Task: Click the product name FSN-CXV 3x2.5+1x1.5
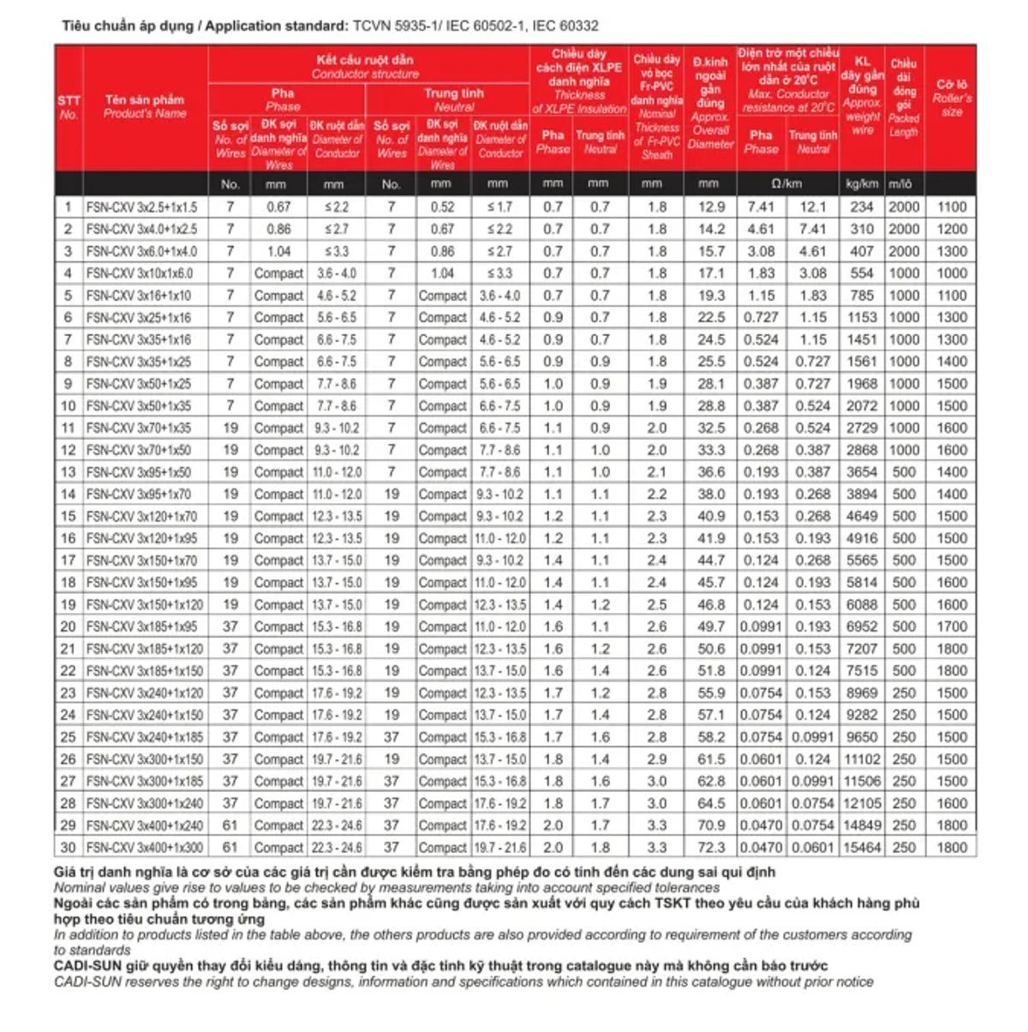141,207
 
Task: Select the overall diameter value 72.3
710,847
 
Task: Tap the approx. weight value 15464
862,847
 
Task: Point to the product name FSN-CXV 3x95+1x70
139,494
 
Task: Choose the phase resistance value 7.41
761,207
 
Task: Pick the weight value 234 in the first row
862,207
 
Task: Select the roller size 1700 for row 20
951,627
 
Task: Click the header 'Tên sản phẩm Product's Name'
145,106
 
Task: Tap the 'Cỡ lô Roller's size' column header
951,98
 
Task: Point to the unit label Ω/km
787,183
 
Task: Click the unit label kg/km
862,183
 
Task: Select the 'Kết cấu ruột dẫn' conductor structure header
365,66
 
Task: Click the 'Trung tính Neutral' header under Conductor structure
453,99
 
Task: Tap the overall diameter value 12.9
710,207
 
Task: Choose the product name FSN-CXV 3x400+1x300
145,847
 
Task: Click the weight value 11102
862,759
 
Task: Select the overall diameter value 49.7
710,627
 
